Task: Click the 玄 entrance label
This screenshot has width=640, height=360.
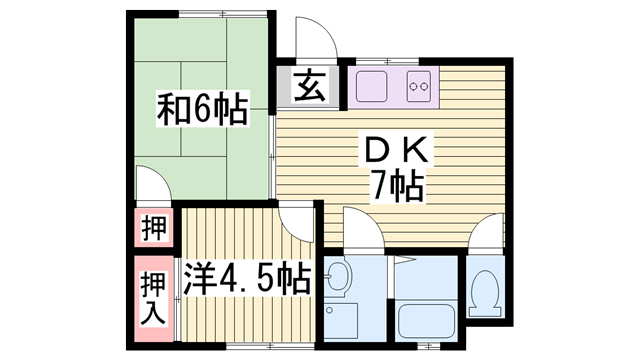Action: pos(310,86)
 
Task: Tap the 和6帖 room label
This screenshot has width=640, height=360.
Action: pos(202,109)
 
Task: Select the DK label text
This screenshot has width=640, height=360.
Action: pos(396,150)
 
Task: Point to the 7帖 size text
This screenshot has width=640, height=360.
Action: pos(396,187)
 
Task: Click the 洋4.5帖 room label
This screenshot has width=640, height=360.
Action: pos(247,280)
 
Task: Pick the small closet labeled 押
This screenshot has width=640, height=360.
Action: pos(154,228)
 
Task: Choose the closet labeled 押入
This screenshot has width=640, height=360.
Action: pos(154,298)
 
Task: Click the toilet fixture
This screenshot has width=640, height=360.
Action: pos(484,293)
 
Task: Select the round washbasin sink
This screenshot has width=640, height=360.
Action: pos(338,276)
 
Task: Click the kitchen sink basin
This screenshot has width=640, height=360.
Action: pos(371,87)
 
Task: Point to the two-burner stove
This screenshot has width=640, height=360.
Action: pos(419,87)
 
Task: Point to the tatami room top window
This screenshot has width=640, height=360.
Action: pos(223,13)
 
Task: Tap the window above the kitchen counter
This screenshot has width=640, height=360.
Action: pos(388,61)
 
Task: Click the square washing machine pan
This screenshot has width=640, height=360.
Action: pos(342,320)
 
